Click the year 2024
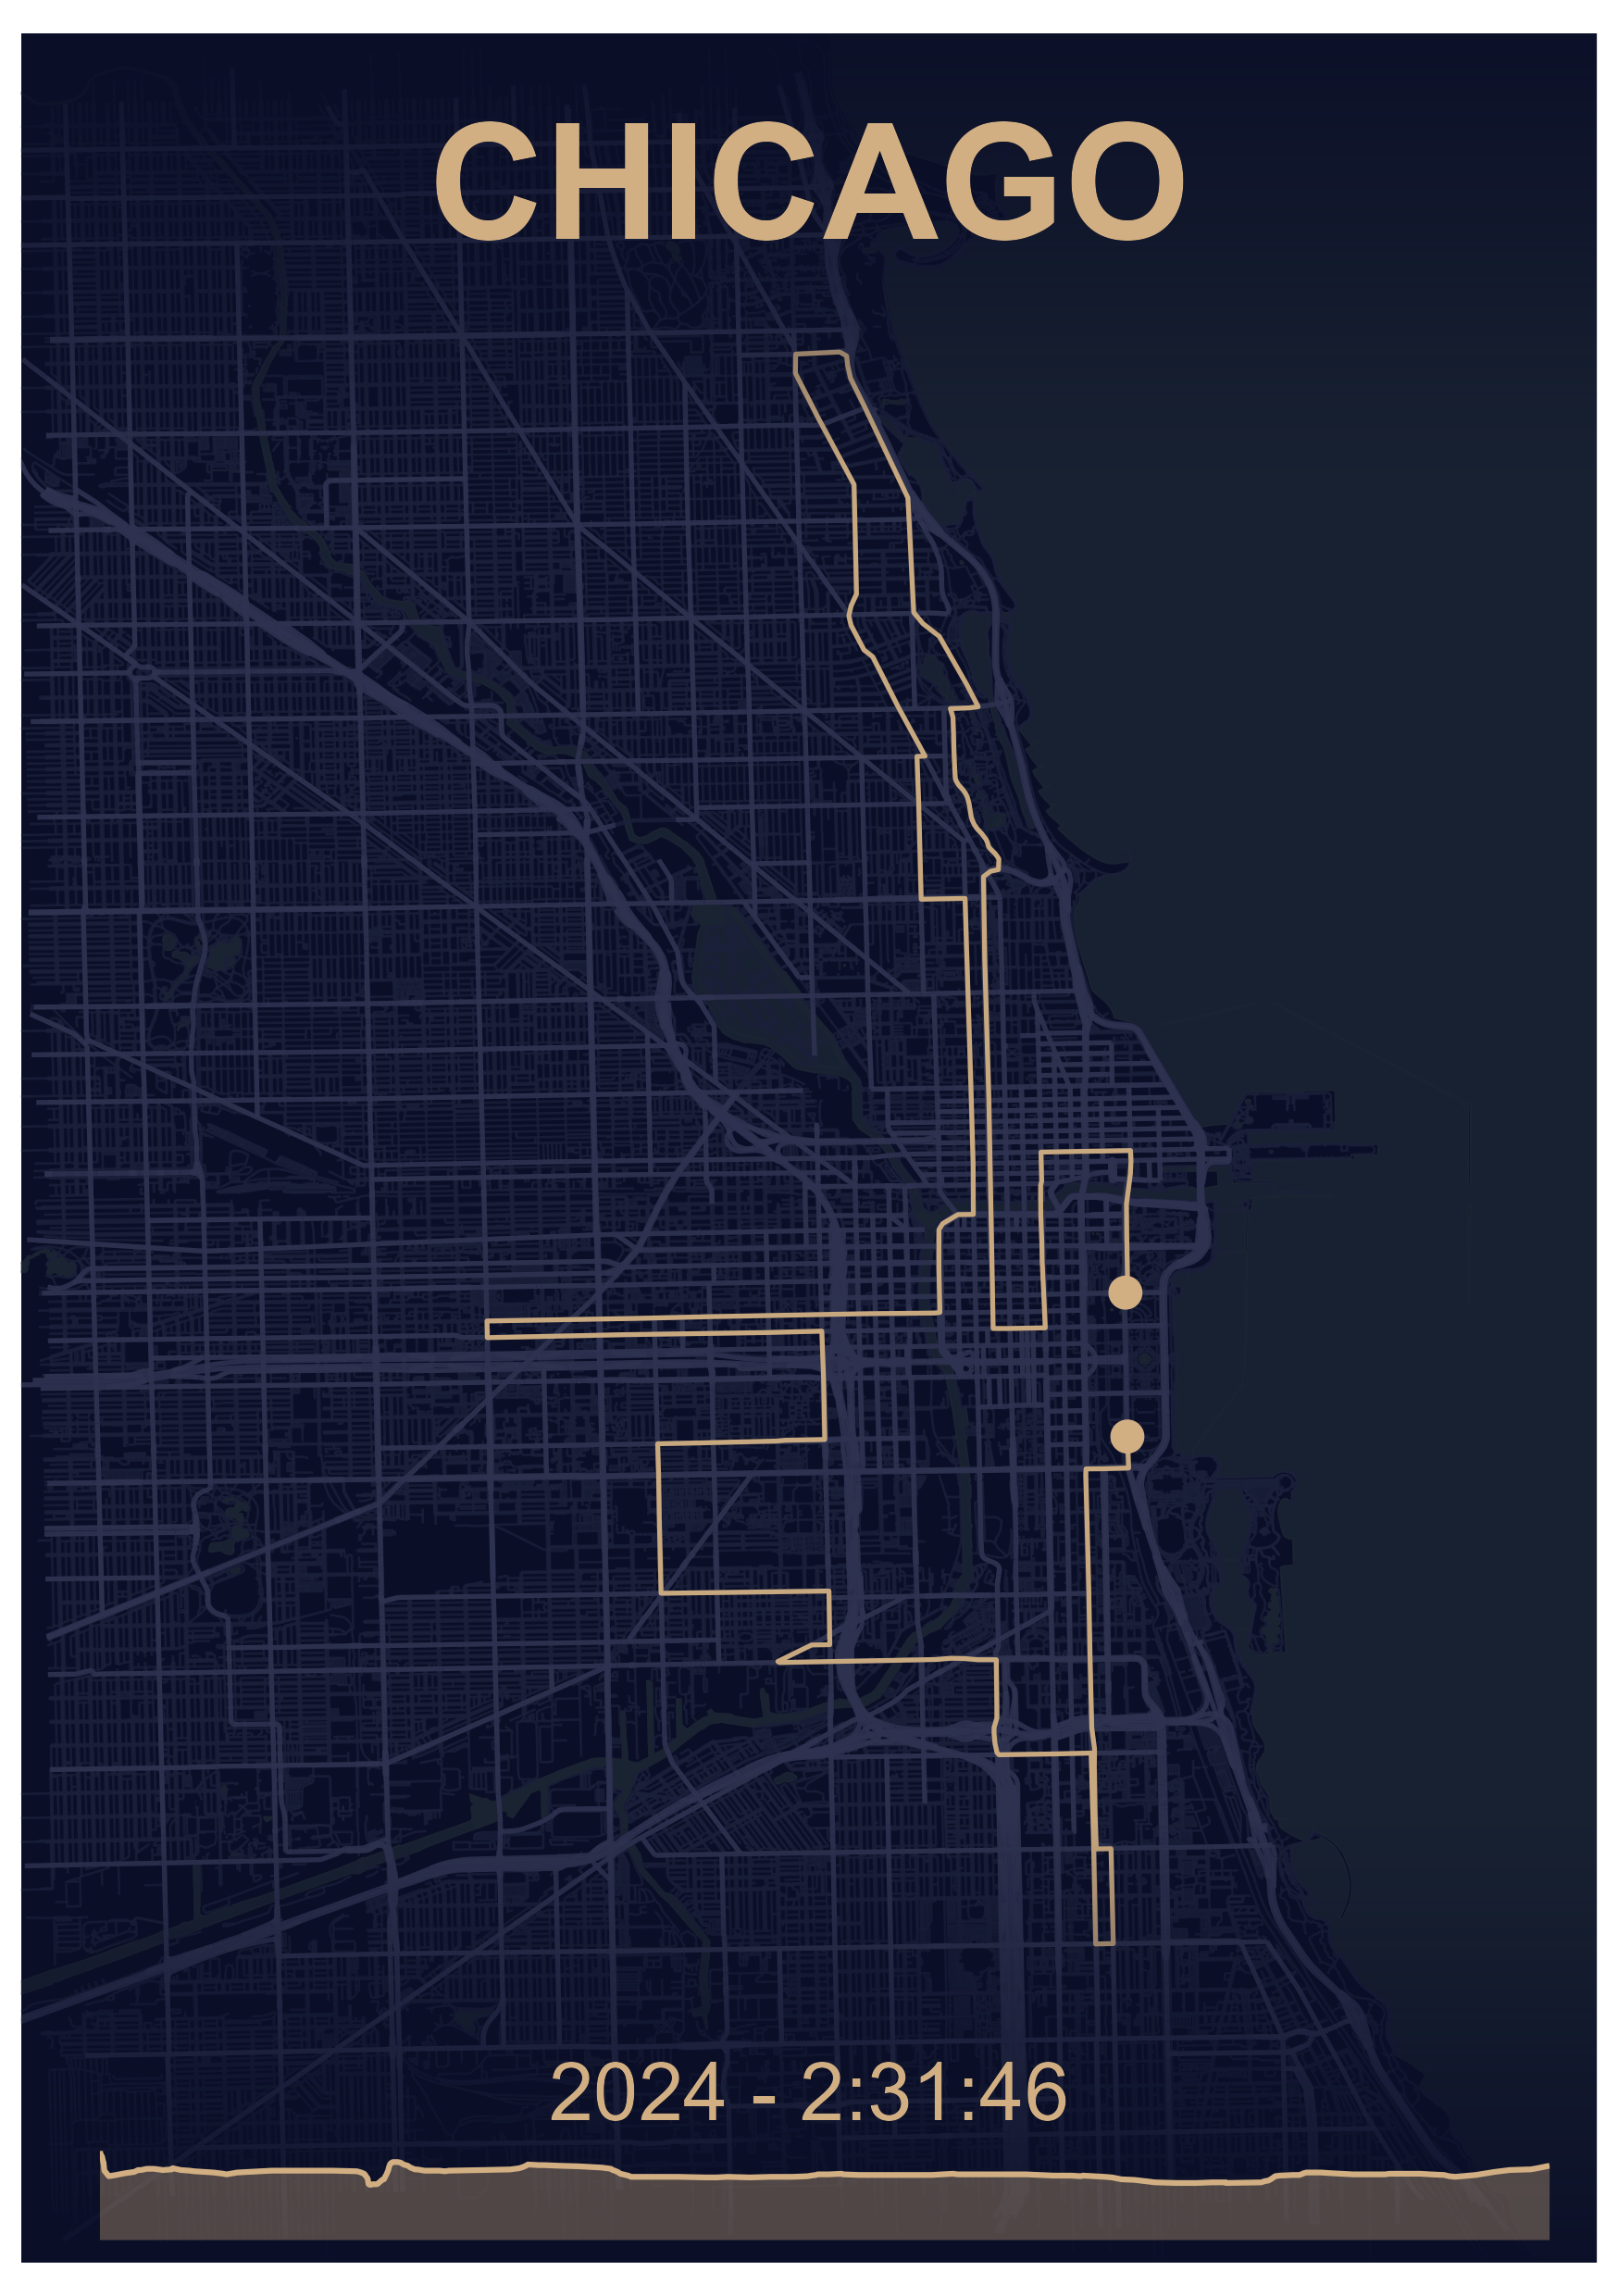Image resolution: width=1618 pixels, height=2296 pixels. click(637, 2092)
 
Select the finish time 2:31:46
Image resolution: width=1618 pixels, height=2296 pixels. click(933, 2092)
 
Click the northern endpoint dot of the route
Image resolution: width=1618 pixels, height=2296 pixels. click(1125, 1292)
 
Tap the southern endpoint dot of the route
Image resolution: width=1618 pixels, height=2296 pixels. click(1127, 1436)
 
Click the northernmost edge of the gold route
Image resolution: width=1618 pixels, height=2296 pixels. click(820, 354)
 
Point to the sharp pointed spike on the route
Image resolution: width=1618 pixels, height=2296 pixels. click(779, 1661)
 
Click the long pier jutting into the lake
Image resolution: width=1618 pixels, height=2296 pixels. click(1300, 1150)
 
